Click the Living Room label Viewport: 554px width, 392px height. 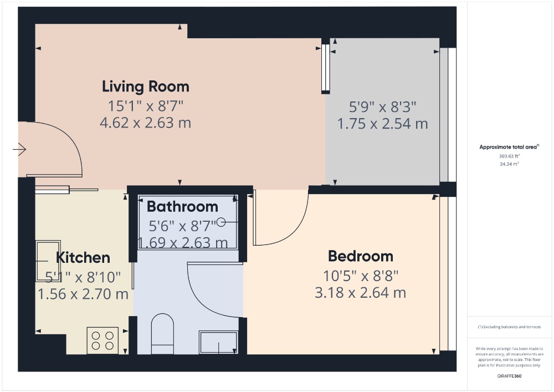pyautogui.click(x=146, y=86)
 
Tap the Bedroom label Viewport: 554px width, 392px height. pyautogui.click(x=361, y=256)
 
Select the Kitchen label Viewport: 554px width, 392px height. pyautogui.click(x=83, y=258)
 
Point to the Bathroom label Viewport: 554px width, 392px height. pyautogui.click(x=182, y=207)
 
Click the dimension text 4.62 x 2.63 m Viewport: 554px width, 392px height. pyautogui.click(x=146, y=123)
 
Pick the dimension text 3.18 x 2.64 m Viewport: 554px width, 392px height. pyautogui.click(x=361, y=293)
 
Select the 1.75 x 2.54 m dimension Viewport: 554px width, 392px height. pyautogui.click(x=383, y=124)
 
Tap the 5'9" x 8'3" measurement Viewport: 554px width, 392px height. pyautogui.click(x=383, y=106)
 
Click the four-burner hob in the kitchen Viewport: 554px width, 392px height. pyautogui.click(x=102, y=340)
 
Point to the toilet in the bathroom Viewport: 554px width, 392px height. pyautogui.click(x=162, y=334)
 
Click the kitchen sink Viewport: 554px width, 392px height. pyautogui.click(x=48, y=261)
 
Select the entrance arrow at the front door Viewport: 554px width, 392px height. pyautogui.click(x=19, y=150)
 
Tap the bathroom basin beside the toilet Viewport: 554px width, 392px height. pyautogui.click(x=218, y=342)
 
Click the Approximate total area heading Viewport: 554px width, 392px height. pyautogui.click(x=509, y=147)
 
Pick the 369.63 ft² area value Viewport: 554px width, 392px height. pyautogui.click(x=509, y=156)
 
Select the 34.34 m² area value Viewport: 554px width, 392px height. pyautogui.click(x=509, y=164)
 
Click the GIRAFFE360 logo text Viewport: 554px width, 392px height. pyautogui.click(x=509, y=376)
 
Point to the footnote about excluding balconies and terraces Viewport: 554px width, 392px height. pyautogui.click(x=509, y=327)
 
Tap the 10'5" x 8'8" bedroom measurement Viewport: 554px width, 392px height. pyautogui.click(x=361, y=276)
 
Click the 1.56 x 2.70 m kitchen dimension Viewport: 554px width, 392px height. pyautogui.click(x=83, y=294)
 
